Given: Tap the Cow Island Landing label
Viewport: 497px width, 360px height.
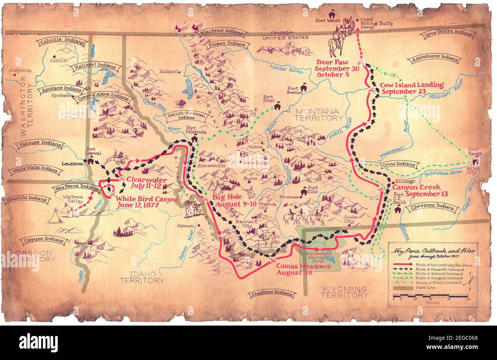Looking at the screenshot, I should point(412,88).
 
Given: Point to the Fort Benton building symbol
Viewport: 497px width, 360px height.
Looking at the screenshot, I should point(304,88).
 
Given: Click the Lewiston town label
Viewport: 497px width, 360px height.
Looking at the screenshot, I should point(71,163).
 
